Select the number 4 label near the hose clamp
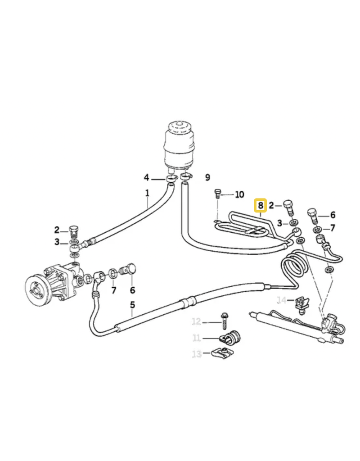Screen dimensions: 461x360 click(146, 178)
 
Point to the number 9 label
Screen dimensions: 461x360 click(207, 177)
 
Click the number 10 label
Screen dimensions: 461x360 click(239, 194)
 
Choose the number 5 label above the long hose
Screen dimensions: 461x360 click(133, 305)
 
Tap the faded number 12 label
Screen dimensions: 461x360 click(196, 321)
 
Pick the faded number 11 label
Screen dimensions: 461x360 click(196, 338)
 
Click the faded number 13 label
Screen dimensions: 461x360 click(197, 354)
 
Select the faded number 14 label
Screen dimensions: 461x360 click(282, 300)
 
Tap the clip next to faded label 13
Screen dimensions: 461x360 click(218, 354)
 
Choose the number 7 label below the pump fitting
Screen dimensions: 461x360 click(114, 290)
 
